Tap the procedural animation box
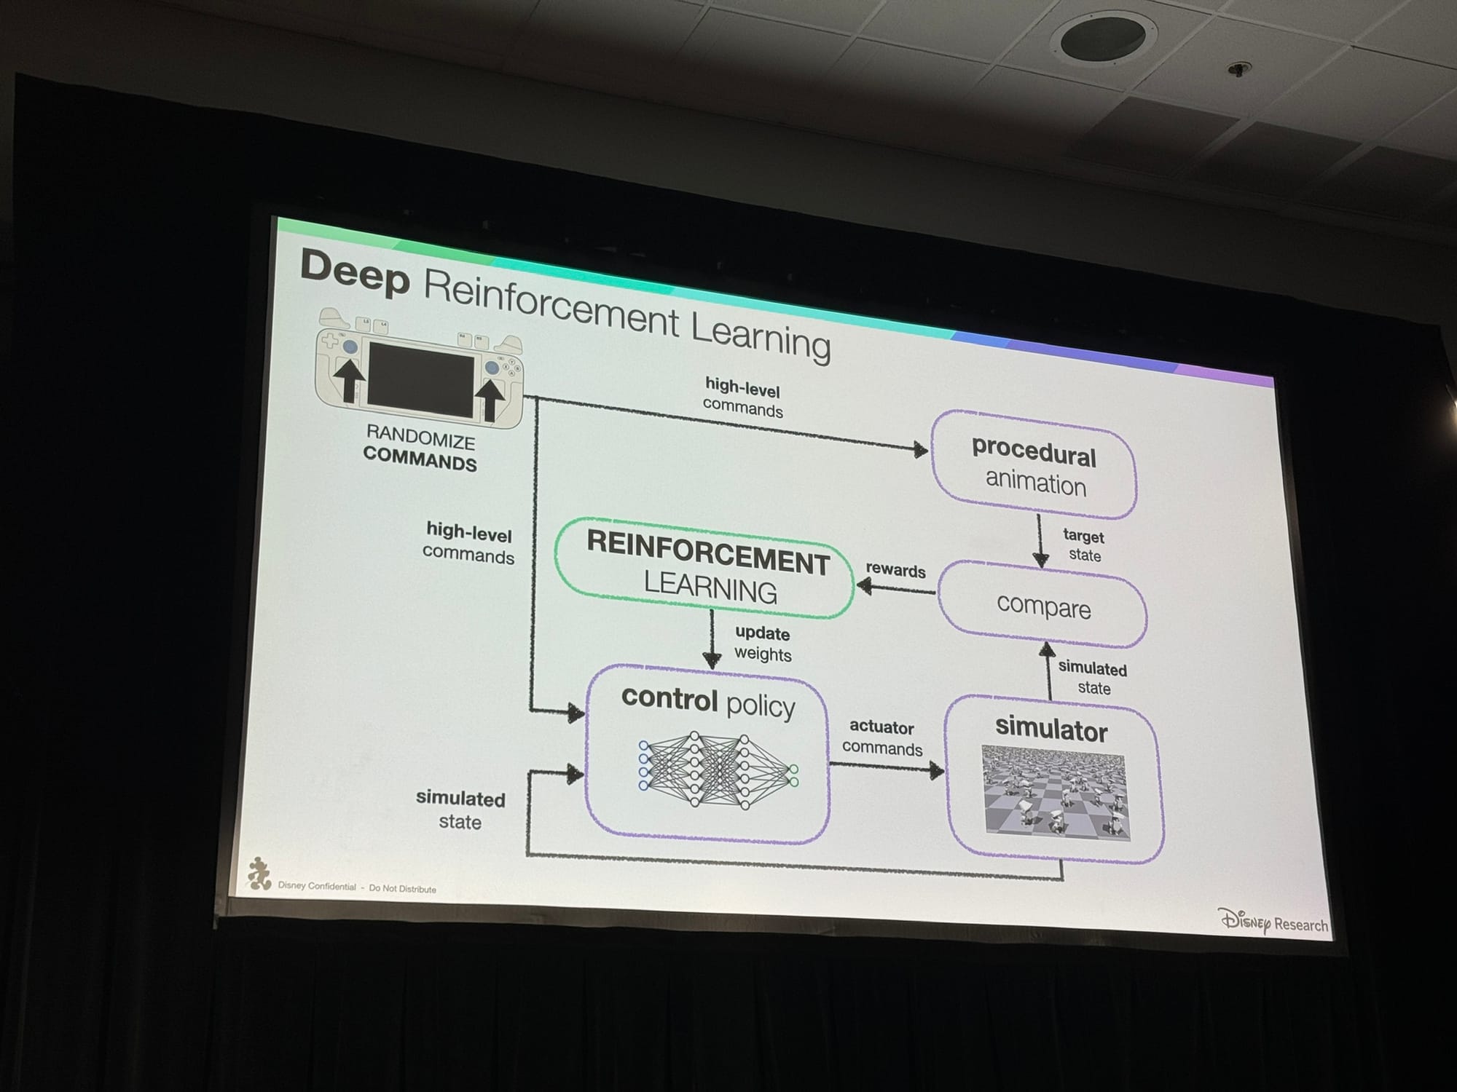click(1034, 467)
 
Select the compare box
click(1043, 606)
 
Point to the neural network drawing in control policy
click(718, 771)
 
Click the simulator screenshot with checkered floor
click(1054, 791)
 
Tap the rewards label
click(895, 570)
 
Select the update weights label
click(762, 644)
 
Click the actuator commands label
click(882, 737)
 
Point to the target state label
click(1083, 545)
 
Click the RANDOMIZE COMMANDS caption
click(420, 449)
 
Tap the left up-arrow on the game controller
click(350, 380)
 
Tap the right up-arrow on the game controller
click(490, 398)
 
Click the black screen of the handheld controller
click(420, 381)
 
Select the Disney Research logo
click(1273, 922)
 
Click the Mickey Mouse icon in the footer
click(259, 873)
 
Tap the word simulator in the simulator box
click(1050, 729)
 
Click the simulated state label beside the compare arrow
click(1092, 678)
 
